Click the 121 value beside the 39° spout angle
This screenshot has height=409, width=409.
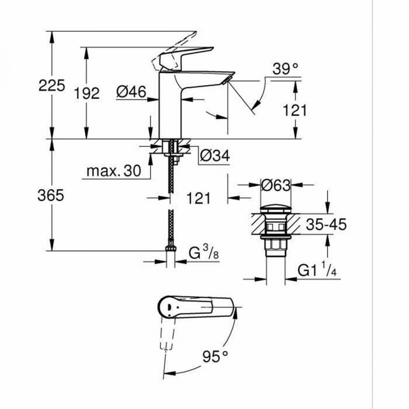(x=294, y=111)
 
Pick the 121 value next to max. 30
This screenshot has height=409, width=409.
(x=198, y=198)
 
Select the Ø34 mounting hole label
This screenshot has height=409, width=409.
(x=215, y=155)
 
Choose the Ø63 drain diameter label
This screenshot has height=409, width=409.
(x=275, y=185)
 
